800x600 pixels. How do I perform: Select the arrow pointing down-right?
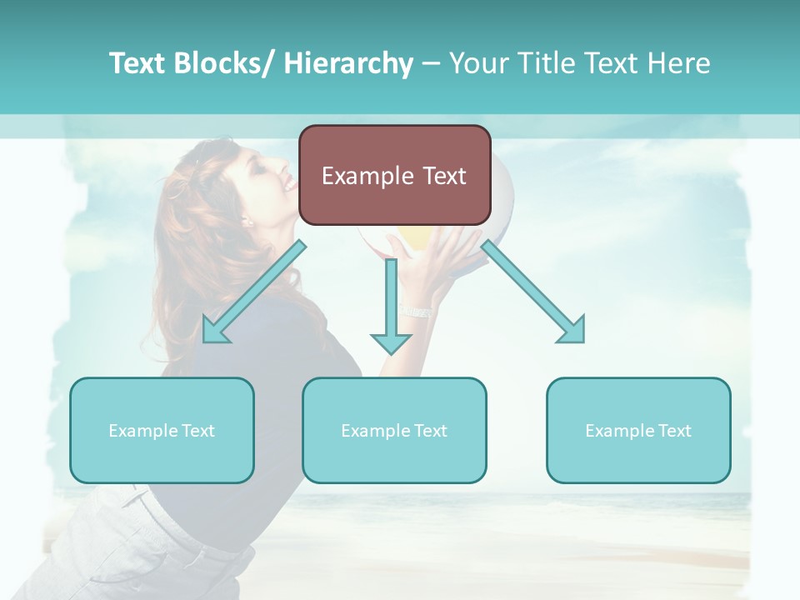[533, 292]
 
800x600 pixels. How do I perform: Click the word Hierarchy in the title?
[348, 63]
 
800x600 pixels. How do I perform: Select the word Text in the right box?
[674, 431]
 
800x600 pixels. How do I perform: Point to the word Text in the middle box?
[430, 431]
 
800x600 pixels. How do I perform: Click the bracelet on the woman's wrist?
[417, 311]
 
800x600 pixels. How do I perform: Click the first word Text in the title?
[137, 63]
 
